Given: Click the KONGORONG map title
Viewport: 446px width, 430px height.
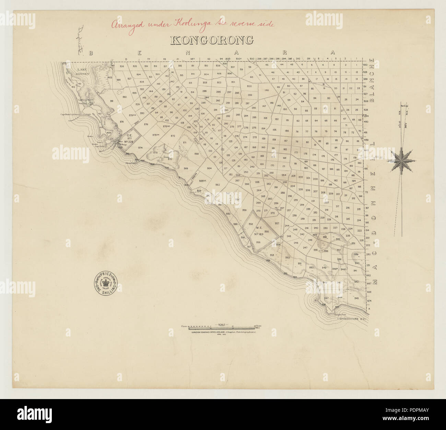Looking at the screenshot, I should click(212, 41).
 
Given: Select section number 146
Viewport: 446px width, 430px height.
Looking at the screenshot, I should click(267, 90).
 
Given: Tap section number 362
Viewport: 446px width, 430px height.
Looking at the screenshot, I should click(217, 185).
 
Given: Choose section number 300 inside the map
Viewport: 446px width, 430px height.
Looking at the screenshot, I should click(249, 86).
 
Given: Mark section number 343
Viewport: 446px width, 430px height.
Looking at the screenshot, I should click(356, 298).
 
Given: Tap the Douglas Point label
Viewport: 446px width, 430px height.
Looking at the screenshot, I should click(338, 314).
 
